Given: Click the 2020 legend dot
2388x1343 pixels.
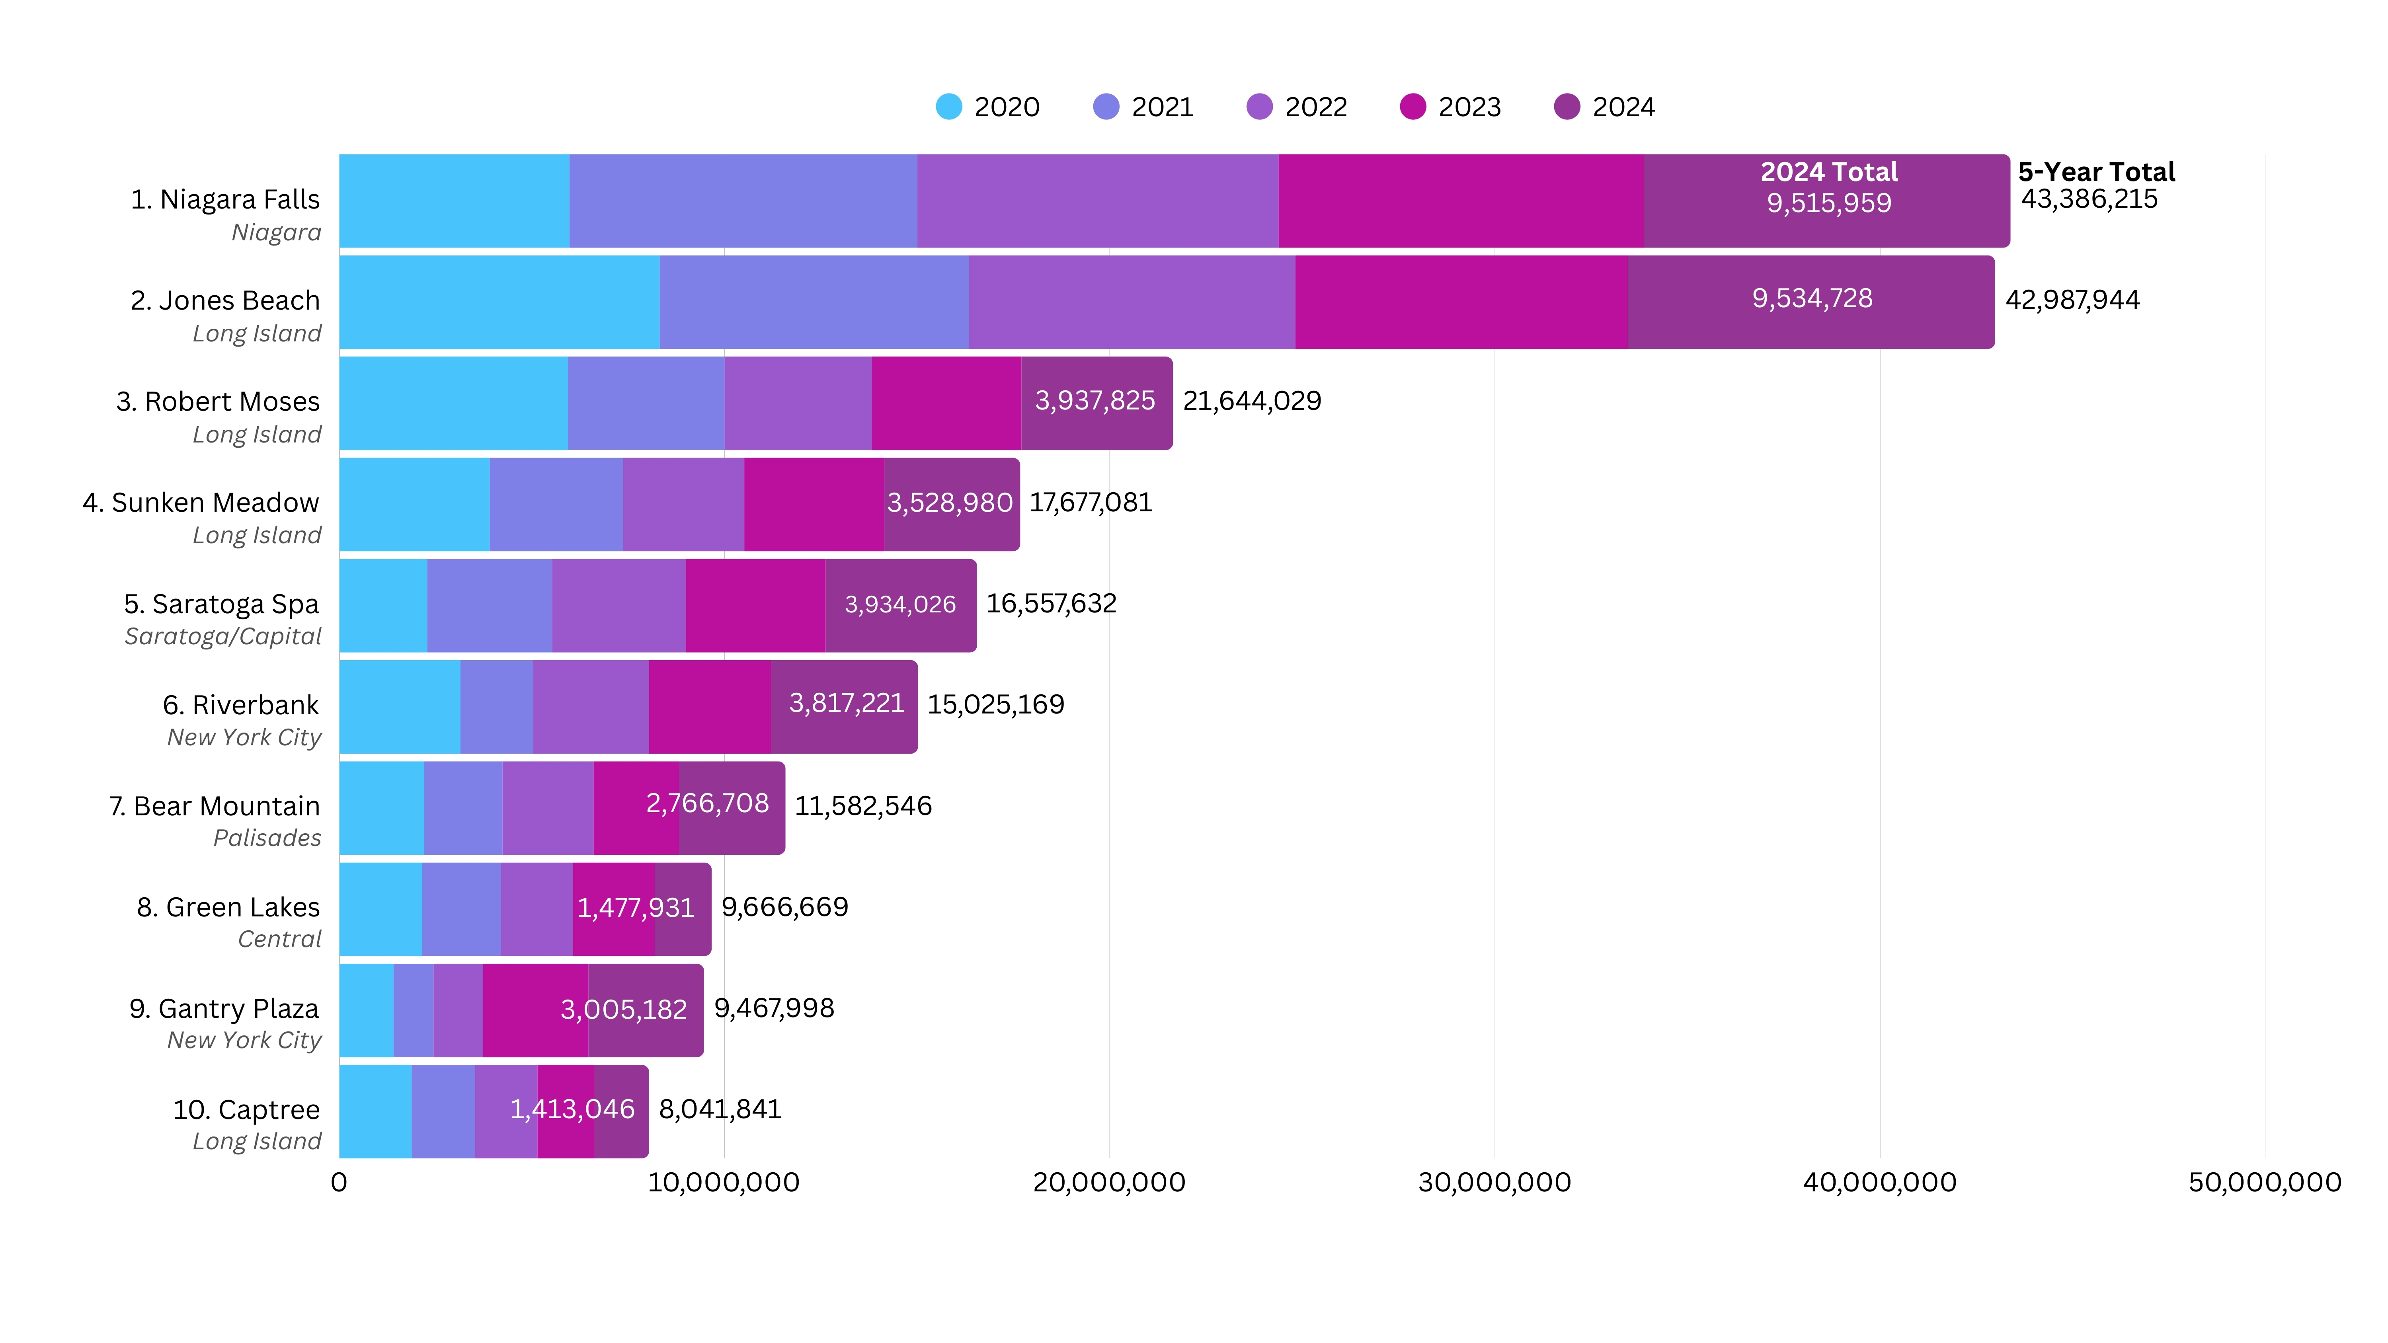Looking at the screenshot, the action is [948, 107].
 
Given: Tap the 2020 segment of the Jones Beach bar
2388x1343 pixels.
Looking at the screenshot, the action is [499, 302].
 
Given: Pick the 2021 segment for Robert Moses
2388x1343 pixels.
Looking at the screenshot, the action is [646, 403].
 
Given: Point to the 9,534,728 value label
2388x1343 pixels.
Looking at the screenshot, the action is [1812, 298].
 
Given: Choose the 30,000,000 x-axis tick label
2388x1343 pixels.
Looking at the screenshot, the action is [1494, 1183].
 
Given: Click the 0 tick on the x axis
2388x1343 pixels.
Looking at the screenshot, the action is [339, 1183].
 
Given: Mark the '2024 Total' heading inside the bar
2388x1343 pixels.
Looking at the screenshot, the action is [1829, 172].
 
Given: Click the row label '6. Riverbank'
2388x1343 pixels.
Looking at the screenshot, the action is [241, 706].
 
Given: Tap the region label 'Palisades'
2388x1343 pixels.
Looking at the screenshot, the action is [267, 838].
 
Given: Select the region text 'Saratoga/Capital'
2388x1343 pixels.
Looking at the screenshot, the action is [222, 637].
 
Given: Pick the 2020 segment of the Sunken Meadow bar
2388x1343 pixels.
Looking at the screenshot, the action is [414, 504].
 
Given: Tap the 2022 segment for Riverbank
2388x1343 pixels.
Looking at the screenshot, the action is [591, 706].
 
